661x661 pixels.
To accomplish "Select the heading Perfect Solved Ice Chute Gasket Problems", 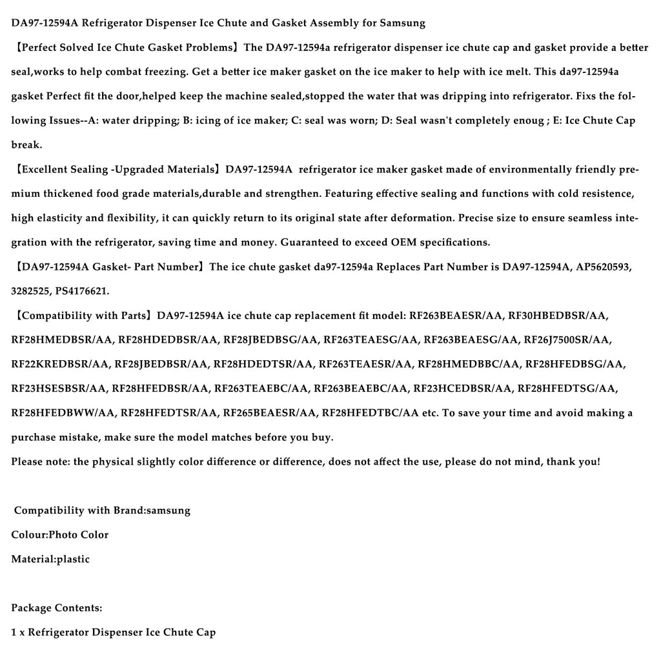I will (x=127, y=48).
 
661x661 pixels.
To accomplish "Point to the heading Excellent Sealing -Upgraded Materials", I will (x=117, y=170).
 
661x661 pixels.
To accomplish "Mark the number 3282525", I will (x=30, y=292).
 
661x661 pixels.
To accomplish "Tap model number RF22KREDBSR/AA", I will (x=60, y=365).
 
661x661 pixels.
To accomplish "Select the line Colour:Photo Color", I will (x=59, y=535).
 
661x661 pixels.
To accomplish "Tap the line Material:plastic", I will (x=50, y=559).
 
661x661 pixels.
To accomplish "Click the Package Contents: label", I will (x=56, y=608).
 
